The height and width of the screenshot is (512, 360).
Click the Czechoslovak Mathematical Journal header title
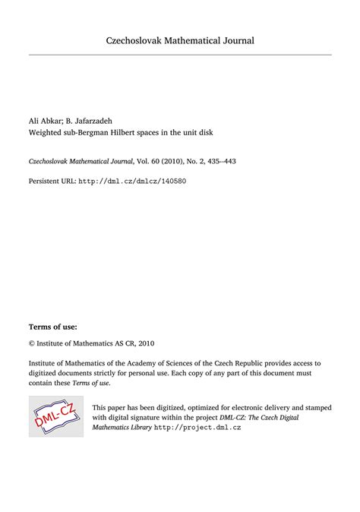pos(180,40)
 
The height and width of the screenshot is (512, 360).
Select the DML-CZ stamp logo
pos(55,416)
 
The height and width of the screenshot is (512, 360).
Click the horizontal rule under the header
pos(180,55)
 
